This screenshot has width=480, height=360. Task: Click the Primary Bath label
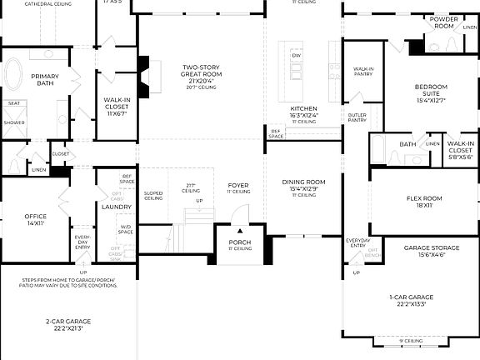click(x=45, y=80)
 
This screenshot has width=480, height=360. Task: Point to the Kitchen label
click(x=303, y=109)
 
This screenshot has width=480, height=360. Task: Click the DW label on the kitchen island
click(x=296, y=55)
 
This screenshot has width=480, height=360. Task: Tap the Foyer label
click(x=239, y=185)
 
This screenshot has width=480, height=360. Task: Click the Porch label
click(x=239, y=242)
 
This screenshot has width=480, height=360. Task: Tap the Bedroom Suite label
click(x=431, y=91)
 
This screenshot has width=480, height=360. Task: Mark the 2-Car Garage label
click(x=68, y=321)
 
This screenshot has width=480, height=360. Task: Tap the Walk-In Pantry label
click(x=363, y=72)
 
